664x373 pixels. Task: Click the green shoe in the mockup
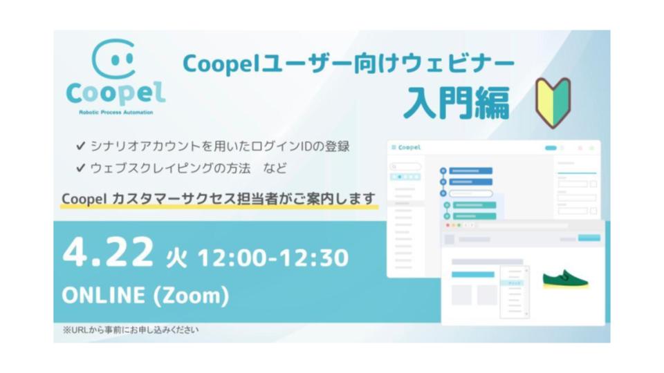coord(564,278)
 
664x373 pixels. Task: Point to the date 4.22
coord(107,254)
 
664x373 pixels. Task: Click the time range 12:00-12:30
coord(273,257)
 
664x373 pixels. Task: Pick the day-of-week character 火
coord(176,258)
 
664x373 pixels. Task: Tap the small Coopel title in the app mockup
coord(409,147)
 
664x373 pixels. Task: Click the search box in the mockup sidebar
coord(405,166)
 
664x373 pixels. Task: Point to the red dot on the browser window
coord(448,225)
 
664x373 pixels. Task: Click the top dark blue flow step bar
coord(470,171)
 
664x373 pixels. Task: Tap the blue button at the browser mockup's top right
coord(589,238)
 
